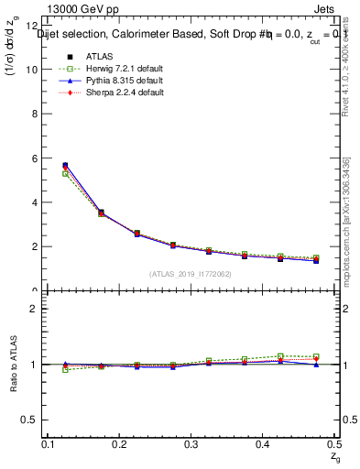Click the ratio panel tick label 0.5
[30, 420]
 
